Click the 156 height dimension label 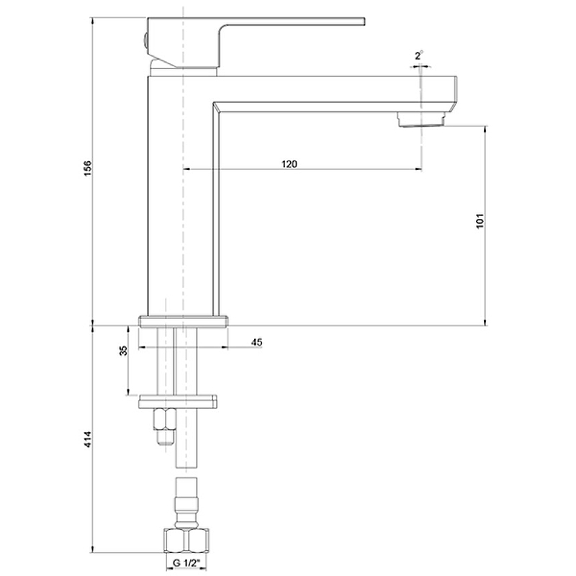[x=88, y=168]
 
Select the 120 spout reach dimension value [x=289, y=164]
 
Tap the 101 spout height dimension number [x=480, y=221]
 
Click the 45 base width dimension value [x=257, y=342]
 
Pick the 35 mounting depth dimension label [x=124, y=351]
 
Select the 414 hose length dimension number [x=88, y=439]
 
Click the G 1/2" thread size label [x=186, y=563]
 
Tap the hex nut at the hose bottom [x=186, y=541]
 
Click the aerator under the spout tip [x=422, y=120]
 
